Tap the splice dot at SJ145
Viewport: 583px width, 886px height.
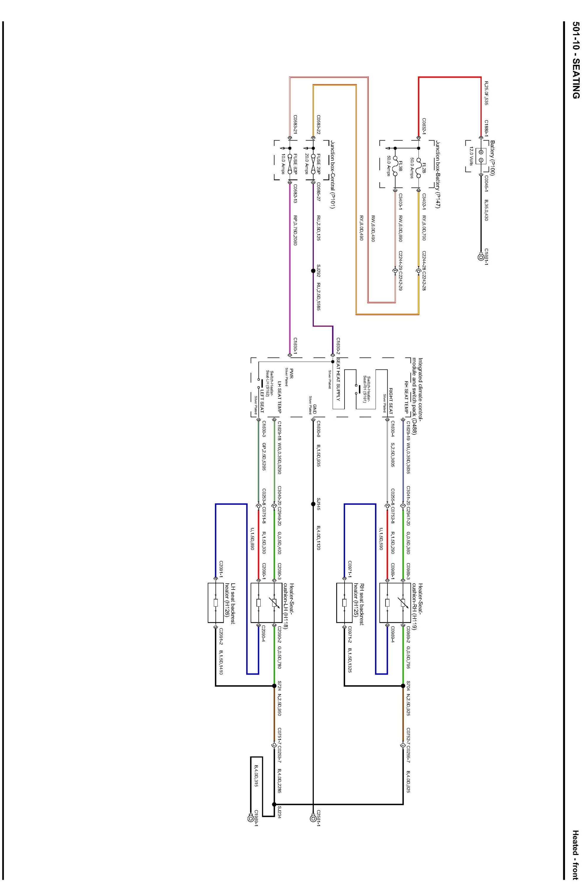tap(313, 504)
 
